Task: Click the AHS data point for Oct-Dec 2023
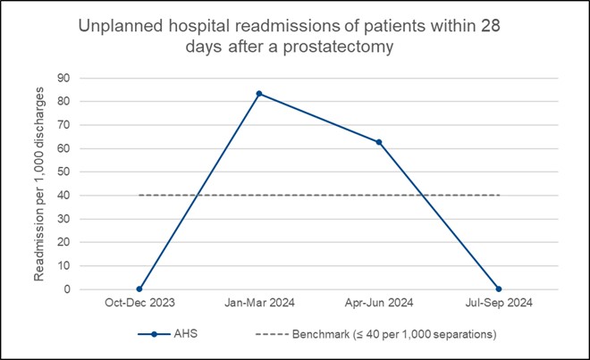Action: tap(139, 289)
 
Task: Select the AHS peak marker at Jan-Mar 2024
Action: tap(259, 93)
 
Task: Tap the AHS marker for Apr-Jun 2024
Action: tap(379, 142)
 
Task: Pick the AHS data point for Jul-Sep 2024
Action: tap(500, 289)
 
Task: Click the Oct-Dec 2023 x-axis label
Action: tap(139, 305)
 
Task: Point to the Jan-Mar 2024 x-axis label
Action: tap(259, 305)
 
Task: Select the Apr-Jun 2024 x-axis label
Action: tap(379, 305)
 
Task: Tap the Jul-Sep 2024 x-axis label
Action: tap(500, 305)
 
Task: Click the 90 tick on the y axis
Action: tap(64, 78)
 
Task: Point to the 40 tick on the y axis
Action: tap(64, 195)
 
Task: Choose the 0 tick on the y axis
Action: tap(67, 289)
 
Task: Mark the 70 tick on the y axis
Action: tap(64, 124)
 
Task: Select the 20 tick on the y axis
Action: tap(64, 242)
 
